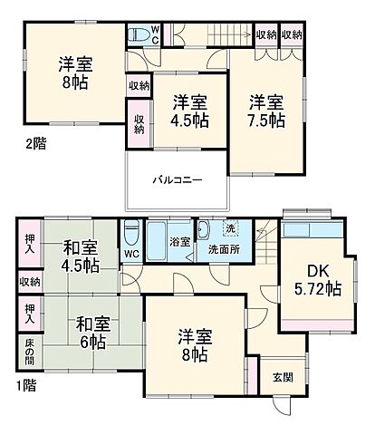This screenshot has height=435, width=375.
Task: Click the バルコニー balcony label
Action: (177, 179)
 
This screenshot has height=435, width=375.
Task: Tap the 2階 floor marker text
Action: (35, 142)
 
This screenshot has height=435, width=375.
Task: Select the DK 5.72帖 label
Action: (312, 280)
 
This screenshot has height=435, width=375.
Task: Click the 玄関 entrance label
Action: (282, 377)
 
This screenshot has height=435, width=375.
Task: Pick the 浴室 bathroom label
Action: (180, 242)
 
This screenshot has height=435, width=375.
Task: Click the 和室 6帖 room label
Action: (88, 332)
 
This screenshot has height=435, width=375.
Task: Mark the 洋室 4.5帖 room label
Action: (190, 111)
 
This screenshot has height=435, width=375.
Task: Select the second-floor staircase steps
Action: (217, 35)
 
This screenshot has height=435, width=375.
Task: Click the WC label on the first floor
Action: (131, 254)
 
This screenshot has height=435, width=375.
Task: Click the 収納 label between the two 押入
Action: (29, 282)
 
